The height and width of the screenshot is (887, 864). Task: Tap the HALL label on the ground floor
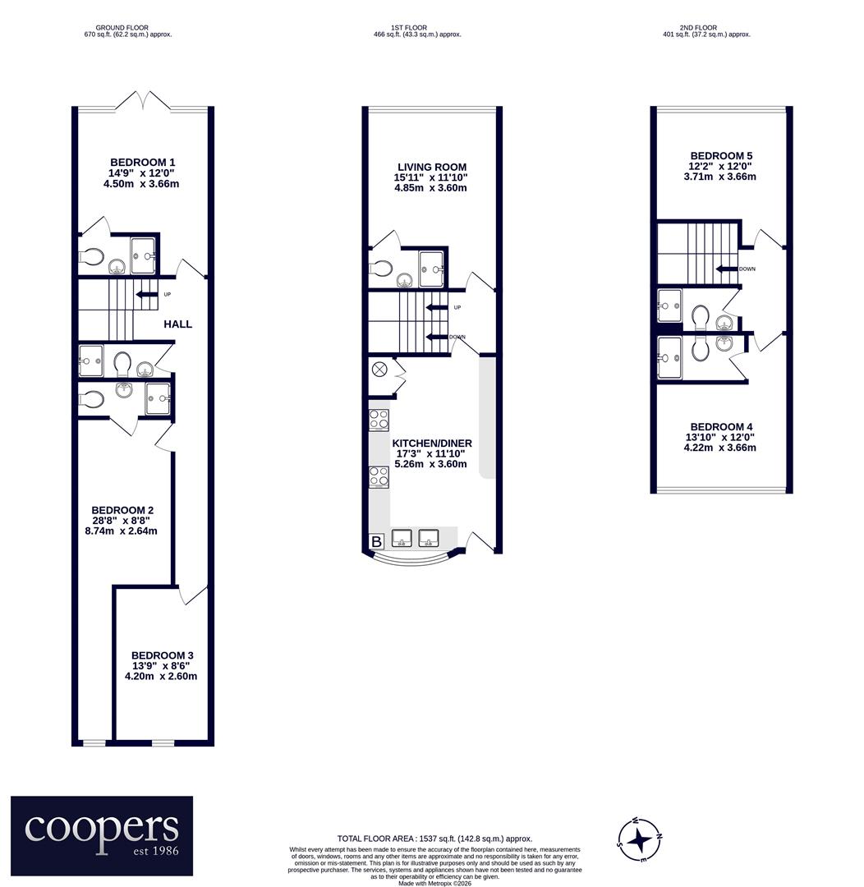tap(177, 324)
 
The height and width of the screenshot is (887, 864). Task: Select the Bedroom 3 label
tap(162, 655)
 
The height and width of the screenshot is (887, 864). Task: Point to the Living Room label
tap(432, 167)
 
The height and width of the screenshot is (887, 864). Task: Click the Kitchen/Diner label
tap(432, 443)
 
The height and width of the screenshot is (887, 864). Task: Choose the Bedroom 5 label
tap(721, 155)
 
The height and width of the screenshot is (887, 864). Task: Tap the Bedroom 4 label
tap(721, 427)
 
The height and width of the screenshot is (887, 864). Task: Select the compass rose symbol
tap(639, 840)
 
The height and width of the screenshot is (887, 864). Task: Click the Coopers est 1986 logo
tap(102, 835)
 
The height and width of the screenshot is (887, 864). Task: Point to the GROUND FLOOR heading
tap(122, 28)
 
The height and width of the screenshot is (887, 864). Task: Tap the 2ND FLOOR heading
tap(698, 28)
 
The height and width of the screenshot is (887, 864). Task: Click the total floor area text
tap(434, 839)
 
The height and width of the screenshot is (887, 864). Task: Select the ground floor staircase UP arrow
tap(146, 294)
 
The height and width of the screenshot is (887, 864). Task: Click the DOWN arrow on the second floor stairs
tap(727, 269)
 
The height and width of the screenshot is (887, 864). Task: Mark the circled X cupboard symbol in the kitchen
tap(379, 370)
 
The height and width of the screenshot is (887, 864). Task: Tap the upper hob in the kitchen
tap(379, 420)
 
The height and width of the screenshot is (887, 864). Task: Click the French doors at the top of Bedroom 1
tap(144, 100)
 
